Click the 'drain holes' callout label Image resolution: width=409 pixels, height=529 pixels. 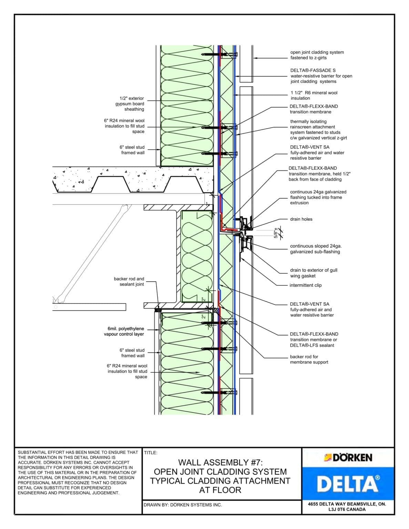click(x=301, y=219)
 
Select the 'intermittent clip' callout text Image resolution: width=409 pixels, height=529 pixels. click(x=305, y=285)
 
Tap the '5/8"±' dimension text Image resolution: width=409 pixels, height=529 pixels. click(x=276, y=233)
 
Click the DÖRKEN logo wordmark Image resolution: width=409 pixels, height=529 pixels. click(x=348, y=458)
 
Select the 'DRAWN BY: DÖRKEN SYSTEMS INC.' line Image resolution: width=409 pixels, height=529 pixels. click(x=183, y=505)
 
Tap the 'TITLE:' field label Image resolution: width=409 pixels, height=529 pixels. click(x=151, y=453)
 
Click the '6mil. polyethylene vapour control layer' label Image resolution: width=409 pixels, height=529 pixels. click(x=124, y=331)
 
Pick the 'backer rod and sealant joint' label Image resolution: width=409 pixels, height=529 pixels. click(x=129, y=281)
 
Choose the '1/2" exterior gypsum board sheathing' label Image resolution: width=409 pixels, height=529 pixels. click(x=130, y=104)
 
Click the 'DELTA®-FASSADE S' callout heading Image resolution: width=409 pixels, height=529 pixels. click(x=313, y=70)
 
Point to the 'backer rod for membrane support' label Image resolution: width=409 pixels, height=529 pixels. click(x=309, y=359)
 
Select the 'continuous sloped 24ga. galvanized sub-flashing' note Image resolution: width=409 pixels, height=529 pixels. click(x=316, y=249)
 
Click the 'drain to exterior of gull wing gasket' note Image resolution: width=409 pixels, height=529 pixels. click(x=314, y=273)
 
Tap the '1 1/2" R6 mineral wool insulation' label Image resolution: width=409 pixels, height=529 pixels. click(x=314, y=95)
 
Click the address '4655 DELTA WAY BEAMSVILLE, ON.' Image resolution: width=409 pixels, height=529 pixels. click(x=347, y=504)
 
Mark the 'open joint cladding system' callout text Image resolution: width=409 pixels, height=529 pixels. click(x=317, y=52)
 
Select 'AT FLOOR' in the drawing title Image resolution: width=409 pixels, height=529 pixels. click(x=220, y=490)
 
